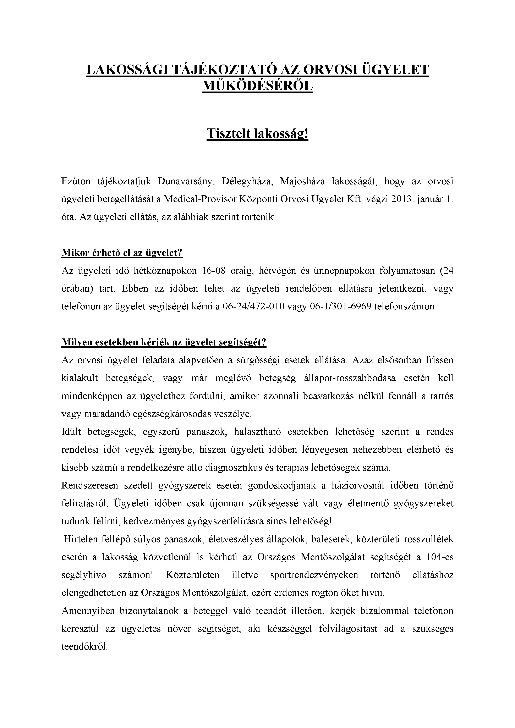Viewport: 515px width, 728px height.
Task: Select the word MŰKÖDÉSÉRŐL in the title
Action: (x=257, y=86)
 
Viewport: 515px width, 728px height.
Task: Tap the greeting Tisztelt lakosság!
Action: (x=257, y=134)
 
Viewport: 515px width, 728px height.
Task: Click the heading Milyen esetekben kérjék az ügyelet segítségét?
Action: (x=164, y=342)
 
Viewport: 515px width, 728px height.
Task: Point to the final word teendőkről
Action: (x=85, y=646)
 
